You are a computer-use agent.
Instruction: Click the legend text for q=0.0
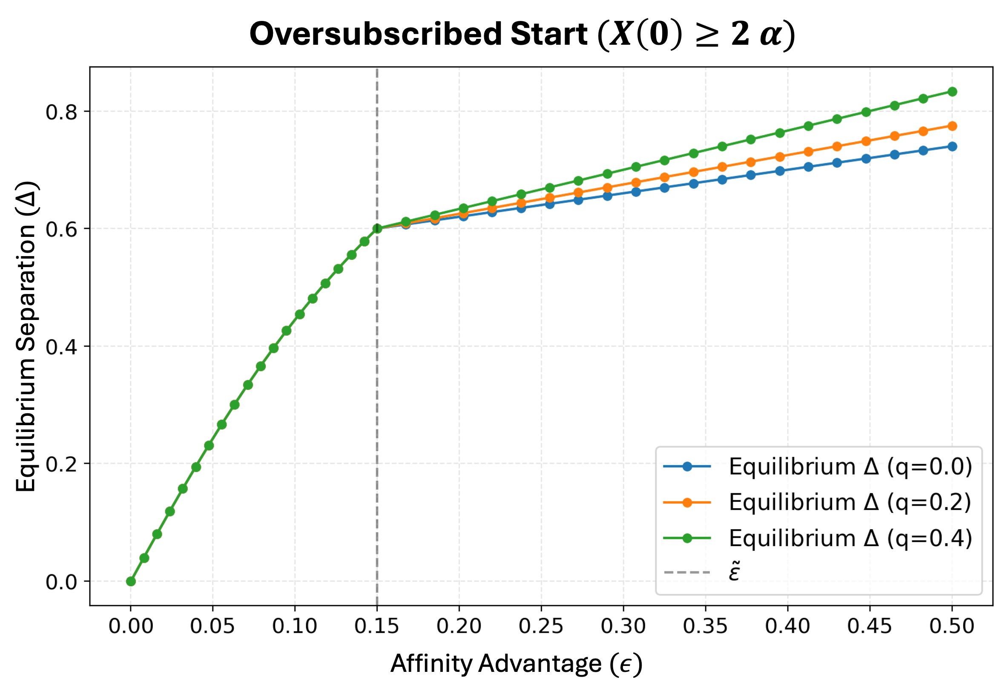click(x=850, y=467)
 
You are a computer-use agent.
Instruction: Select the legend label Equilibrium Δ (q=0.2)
click(x=850, y=502)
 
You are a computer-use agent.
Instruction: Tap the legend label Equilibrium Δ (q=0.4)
click(x=850, y=539)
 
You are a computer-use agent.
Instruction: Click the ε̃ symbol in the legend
click(x=735, y=572)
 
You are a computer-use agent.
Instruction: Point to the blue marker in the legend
click(x=687, y=467)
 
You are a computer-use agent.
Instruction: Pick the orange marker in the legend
click(x=687, y=503)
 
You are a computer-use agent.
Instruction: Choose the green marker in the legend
click(x=687, y=539)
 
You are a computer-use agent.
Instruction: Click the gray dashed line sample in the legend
click(x=687, y=573)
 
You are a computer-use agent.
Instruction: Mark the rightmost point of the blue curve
click(x=952, y=146)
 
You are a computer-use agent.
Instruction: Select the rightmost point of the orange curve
click(x=952, y=126)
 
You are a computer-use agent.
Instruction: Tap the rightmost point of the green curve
click(x=952, y=92)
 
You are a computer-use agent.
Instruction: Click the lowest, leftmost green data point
click(x=131, y=581)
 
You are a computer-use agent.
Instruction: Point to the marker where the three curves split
click(x=377, y=228)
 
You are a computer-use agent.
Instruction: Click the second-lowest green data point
click(x=144, y=558)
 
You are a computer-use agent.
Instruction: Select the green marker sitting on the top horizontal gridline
click(x=866, y=112)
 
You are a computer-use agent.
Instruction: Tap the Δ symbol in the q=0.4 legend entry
click(x=871, y=539)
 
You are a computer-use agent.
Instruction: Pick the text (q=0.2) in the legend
click(x=929, y=502)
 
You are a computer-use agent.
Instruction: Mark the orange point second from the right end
click(x=923, y=131)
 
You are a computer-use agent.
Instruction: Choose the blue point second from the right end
click(x=923, y=151)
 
